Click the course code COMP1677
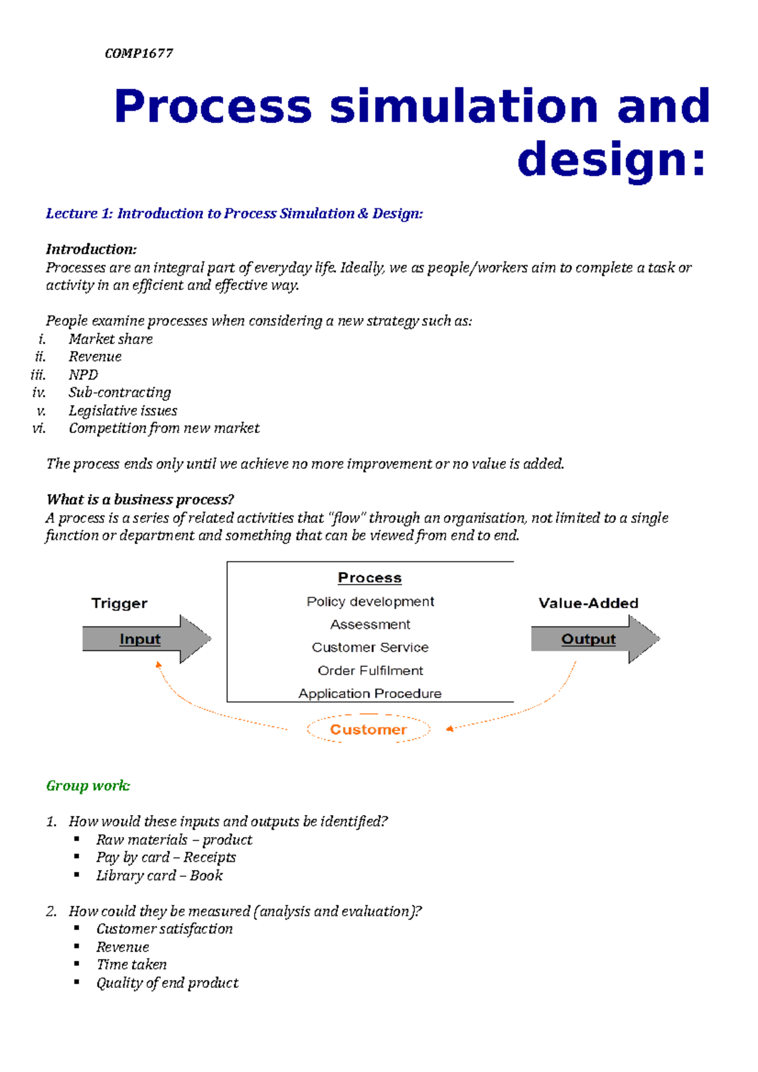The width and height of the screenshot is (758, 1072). click(x=138, y=54)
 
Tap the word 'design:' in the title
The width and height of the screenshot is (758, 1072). click(x=611, y=160)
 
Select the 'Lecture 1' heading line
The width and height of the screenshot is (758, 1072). click(x=234, y=213)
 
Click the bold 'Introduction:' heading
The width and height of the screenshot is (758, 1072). click(x=91, y=249)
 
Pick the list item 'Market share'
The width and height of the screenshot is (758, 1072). click(x=111, y=339)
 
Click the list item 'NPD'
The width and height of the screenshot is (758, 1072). click(x=83, y=375)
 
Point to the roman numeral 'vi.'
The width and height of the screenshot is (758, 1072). click(x=39, y=429)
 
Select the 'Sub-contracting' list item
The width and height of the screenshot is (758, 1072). click(x=120, y=393)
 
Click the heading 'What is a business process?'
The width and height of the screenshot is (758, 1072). click(x=140, y=499)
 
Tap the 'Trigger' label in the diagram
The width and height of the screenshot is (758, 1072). click(x=119, y=603)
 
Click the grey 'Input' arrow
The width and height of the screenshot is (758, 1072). click(x=145, y=639)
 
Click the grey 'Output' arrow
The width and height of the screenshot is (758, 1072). click(x=594, y=639)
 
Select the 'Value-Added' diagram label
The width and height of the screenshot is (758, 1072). click(x=588, y=603)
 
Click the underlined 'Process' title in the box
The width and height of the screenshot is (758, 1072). click(x=370, y=578)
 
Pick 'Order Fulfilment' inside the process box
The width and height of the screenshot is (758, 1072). click(x=370, y=670)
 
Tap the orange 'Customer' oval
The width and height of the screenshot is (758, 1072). click(x=368, y=729)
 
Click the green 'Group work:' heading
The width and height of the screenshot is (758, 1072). click(x=88, y=786)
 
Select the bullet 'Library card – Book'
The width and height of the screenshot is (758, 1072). click(x=159, y=876)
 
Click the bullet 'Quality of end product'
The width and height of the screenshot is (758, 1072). click(x=167, y=983)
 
